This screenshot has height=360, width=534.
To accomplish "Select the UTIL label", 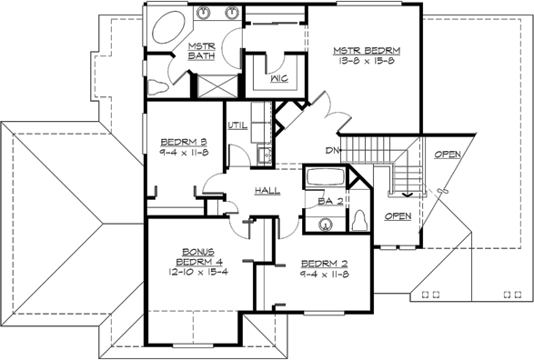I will click(x=237, y=125).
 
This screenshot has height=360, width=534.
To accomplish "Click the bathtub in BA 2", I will click(x=326, y=176).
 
